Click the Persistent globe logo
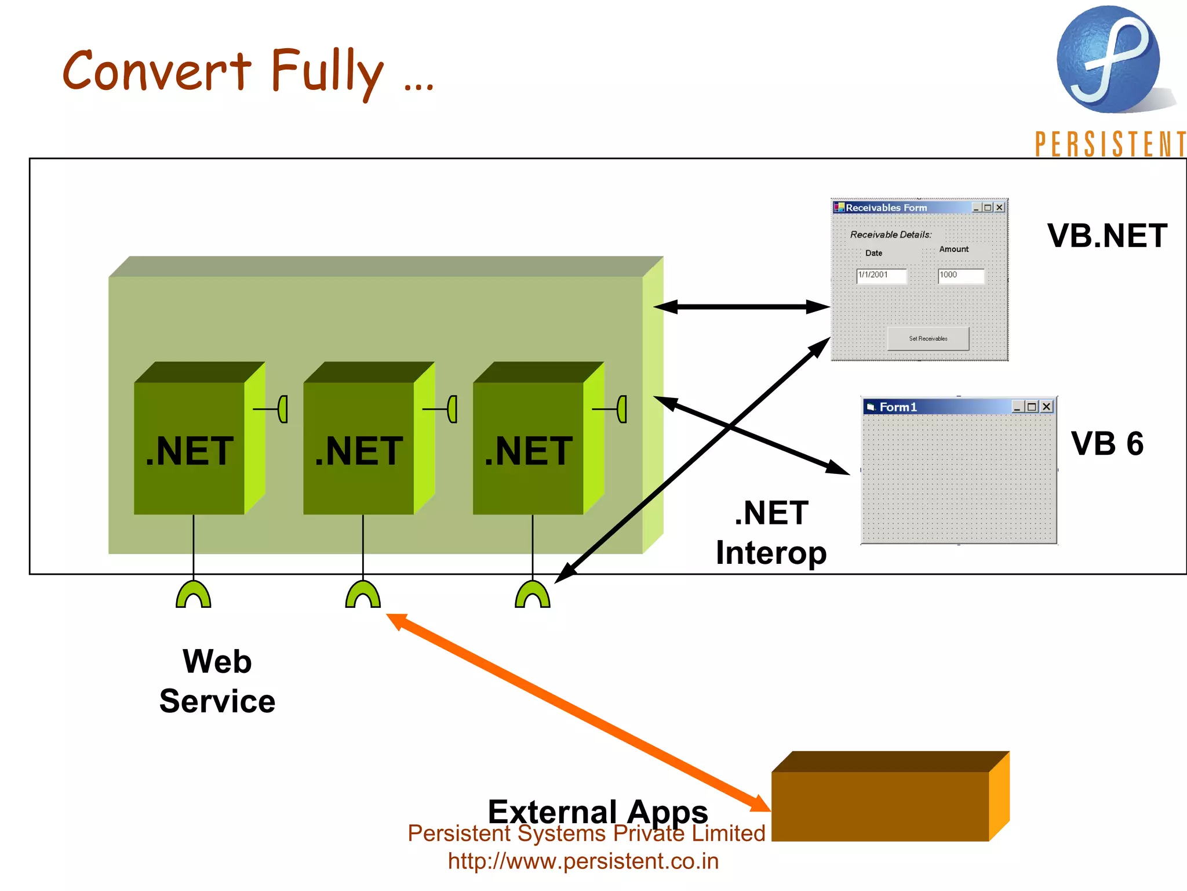(x=1108, y=59)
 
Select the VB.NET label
(x=1106, y=236)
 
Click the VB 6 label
(x=1106, y=444)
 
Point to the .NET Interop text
(x=771, y=533)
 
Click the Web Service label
(x=217, y=681)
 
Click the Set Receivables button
(x=928, y=339)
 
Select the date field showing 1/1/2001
(x=881, y=276)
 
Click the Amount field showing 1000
(x=960, y=276)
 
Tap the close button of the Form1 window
(x=1047, y=407)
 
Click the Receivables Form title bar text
(x=886, y=208)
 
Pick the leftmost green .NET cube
(x=190, y=447)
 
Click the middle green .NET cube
(x=359, y=447)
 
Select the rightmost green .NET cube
(x=528, y=447)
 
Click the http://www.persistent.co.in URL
(x=583, y=861)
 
